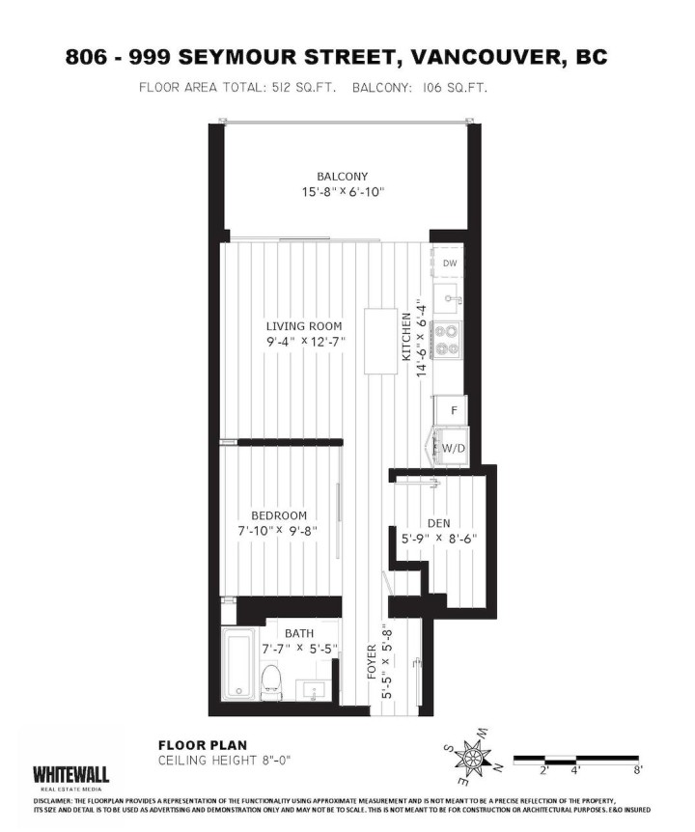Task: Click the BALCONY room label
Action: (342, 177)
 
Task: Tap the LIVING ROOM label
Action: (304, 326)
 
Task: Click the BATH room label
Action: (298, 633)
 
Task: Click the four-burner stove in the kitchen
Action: (448, 341)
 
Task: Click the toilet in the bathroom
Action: (271, 679)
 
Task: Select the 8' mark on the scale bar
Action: (638, 770)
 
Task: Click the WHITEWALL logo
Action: (70, 774)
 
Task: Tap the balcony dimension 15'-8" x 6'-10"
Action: (342, 192)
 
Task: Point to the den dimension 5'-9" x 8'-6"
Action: (439, 539)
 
